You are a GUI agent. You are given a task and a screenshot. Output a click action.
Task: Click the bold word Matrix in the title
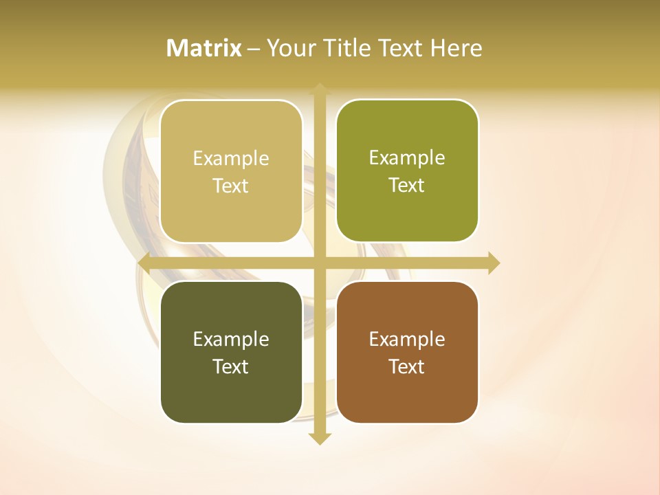[204, 48]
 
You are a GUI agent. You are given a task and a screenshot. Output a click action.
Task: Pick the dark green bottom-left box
[231, 399]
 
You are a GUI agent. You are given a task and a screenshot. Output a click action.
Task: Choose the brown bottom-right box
[407, 399]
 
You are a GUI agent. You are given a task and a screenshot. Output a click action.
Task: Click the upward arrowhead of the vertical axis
[320, 89]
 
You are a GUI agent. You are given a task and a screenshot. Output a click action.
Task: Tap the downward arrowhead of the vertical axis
[320, 438]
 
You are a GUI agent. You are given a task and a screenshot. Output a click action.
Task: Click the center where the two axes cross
[320, 263]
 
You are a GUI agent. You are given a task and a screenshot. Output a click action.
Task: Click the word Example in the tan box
[231, 159]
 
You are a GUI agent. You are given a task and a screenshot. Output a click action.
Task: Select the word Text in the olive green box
[407, 186]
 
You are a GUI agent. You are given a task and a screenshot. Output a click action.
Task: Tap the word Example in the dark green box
[231, 340]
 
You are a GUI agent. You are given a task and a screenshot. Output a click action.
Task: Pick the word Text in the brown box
[407, 366]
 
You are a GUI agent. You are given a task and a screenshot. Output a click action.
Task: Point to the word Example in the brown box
[407, 340]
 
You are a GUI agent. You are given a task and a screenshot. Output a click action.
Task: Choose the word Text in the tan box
[231, 186]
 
